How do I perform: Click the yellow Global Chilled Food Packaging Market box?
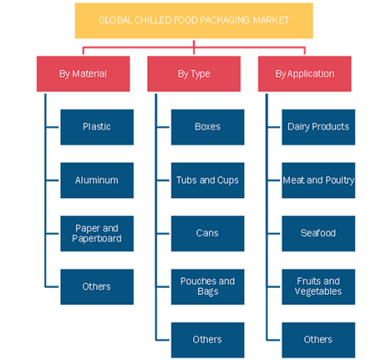pos(194,20)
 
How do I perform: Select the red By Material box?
pos(83,74)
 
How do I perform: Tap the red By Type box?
pos(194,74)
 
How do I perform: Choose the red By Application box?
pos(304,74)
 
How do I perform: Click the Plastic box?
pos(97,127)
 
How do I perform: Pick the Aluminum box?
pos(97,180)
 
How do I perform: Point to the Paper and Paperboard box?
pos(97,233)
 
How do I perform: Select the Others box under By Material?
pos(97,286)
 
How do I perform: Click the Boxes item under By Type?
pos(207,127)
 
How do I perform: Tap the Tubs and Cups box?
pos(207,180)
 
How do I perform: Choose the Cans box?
pos(207,233)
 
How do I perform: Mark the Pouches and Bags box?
pos(207,286)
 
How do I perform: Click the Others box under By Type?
pos(207,340)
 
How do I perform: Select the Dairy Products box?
pos(318,127)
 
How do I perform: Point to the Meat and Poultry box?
pos(318,180)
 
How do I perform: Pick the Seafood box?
pos(318,233)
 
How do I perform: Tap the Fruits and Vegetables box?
pos(318,286)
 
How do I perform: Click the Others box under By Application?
pos(318,340)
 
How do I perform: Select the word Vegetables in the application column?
pos(318,291)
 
